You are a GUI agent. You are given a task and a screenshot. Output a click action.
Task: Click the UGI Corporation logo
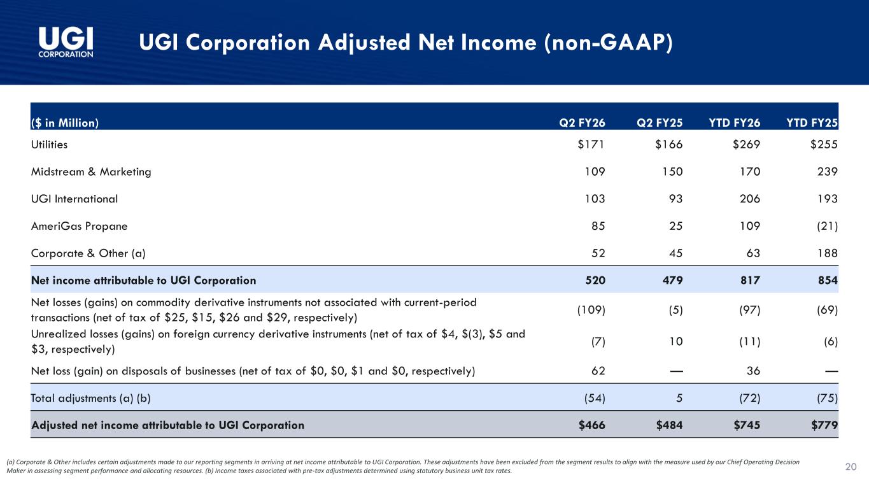66,43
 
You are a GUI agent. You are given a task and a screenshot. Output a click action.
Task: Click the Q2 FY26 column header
582,123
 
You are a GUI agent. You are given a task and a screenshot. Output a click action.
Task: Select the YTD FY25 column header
812,123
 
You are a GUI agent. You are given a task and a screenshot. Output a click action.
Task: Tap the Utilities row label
49,145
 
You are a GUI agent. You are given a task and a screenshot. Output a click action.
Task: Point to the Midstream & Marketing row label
91,171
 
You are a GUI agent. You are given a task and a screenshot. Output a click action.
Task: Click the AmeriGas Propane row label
79,226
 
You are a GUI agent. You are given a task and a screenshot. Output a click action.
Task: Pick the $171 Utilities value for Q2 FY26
591,145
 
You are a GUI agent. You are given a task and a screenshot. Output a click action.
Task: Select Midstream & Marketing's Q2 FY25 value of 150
672,171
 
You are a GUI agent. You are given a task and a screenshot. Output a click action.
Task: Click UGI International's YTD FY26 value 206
750,199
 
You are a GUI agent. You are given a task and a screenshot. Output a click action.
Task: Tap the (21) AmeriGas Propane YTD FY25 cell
828,226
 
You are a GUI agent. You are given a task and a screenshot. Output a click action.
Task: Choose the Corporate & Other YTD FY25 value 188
828,253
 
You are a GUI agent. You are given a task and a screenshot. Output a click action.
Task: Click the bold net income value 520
595,280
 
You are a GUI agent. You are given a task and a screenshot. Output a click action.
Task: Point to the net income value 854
828,280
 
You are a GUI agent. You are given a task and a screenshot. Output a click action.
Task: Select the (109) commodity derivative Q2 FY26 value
591,309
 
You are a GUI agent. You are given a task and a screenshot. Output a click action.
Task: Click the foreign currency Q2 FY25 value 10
676,341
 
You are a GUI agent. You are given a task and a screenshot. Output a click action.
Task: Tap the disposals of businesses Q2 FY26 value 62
598,371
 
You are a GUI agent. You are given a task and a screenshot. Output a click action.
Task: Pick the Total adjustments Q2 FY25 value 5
679,398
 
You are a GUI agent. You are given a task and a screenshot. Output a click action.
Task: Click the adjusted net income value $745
747,425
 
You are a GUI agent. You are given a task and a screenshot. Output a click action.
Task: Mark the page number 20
851,467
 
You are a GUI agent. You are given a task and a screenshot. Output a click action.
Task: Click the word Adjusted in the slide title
364,43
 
